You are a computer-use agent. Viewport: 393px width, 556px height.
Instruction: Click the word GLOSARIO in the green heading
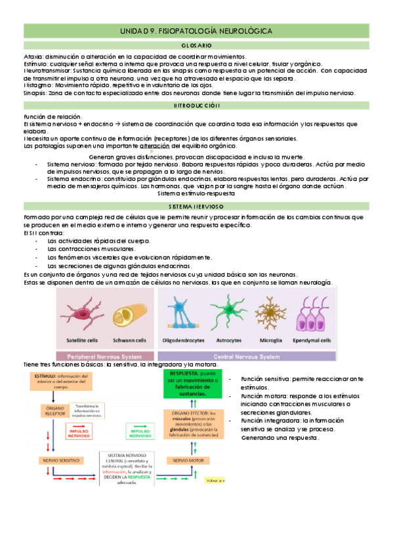(x=196, y=45)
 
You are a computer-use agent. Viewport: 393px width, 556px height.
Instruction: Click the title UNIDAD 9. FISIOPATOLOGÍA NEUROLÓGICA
(x=196, y=31)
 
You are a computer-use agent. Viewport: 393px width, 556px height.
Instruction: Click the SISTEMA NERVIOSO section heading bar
(x=196, y=206)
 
